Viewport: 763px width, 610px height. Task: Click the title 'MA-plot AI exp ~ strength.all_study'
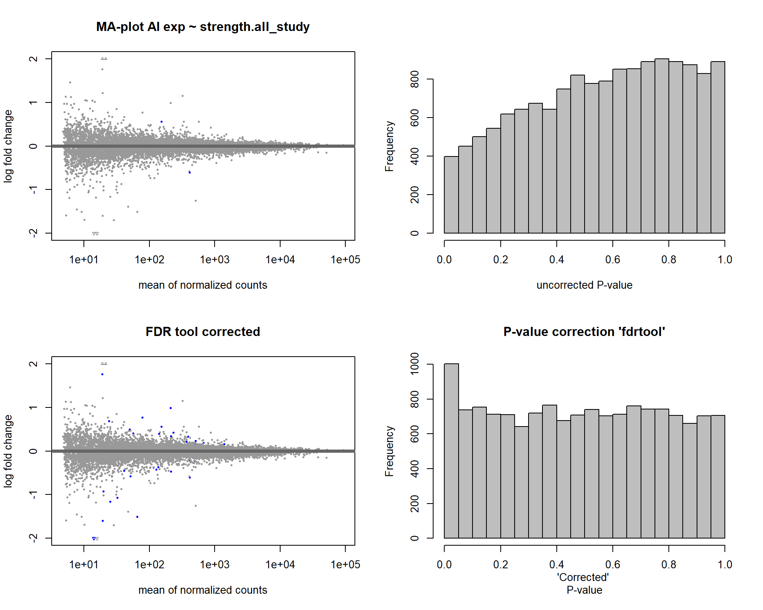203,27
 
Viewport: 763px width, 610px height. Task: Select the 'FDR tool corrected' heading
203,332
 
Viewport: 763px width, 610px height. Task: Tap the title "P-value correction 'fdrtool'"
584,332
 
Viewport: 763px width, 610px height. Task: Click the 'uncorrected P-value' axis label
584,285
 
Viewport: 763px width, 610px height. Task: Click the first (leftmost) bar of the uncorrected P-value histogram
451,195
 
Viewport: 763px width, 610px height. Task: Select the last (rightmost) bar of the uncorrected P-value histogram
718,147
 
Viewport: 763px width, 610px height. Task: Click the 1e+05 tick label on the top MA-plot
345,260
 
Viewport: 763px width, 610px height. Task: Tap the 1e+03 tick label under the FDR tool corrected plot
215,565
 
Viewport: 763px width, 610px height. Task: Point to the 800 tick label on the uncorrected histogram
414,79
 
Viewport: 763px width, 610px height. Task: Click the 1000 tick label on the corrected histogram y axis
414,364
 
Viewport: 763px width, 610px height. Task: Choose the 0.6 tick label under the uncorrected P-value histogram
613,260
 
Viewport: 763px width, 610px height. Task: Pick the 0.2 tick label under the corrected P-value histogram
500,565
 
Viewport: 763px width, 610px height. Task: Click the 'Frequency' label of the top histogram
389,146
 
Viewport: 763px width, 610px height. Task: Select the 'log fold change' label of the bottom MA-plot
8,451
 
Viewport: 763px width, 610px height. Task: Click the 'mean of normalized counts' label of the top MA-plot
203,285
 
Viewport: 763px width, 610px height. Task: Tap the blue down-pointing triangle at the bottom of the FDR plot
94,539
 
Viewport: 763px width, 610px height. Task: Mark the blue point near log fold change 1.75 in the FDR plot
102,374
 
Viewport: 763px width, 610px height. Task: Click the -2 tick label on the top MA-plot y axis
33,233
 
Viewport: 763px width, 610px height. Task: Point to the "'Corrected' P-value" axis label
584,583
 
